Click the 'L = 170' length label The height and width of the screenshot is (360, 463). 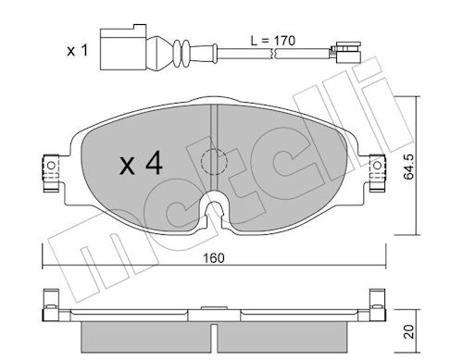point(272,41)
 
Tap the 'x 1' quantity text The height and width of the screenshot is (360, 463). point(78,50)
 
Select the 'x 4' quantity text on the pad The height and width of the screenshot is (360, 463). point(142,164)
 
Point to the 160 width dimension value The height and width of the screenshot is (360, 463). point(214,258)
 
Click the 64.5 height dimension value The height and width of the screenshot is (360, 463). point(408,167)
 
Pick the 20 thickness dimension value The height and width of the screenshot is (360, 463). point(408,331)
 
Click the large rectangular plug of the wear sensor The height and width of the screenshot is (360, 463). point(123,47)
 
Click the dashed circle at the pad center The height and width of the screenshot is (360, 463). point(214,162)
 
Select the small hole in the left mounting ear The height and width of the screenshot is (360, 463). point(51,166)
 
